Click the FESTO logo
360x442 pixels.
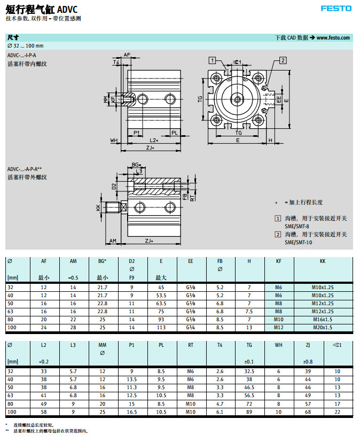336,8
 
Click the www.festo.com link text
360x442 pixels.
333,38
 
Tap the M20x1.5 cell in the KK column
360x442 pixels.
322,327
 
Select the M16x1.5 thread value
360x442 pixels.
322,319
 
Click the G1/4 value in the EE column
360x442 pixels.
191,327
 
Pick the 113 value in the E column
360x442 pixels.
161,327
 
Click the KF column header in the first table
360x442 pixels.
278,261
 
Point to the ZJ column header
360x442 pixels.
308,345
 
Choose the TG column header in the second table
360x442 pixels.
249,345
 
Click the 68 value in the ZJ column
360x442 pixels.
308,412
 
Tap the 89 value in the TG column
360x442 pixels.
249,412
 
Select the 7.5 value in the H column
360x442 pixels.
249,311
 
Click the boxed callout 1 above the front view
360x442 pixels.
213,60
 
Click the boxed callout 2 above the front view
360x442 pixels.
283,60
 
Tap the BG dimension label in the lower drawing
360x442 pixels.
135,165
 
